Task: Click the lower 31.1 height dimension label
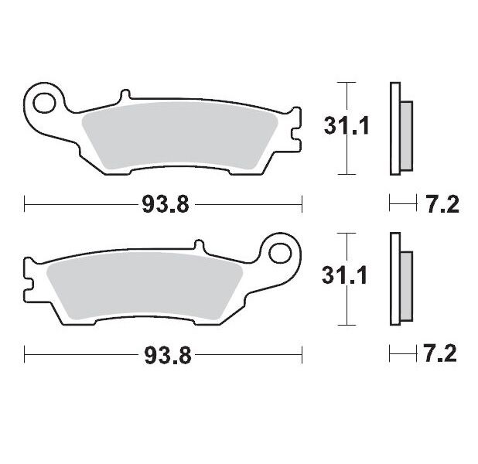341,275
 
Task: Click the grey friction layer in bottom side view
407,281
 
